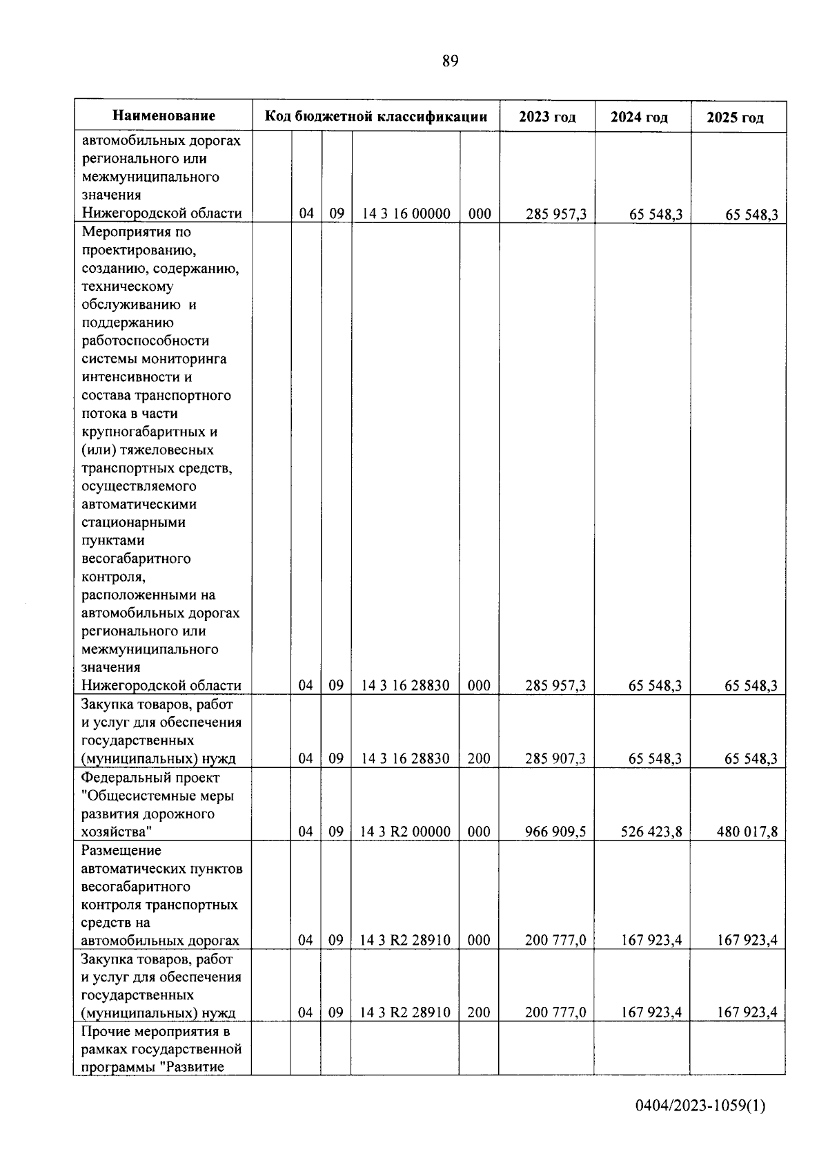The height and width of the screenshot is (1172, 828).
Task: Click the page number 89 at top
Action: pyautogui.click(x=450, y=61)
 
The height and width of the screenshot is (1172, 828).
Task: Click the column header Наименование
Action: pyautogui.click(x=164, y=116)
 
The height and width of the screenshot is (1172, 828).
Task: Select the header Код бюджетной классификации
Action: pyautogui.click(x=376, y=116)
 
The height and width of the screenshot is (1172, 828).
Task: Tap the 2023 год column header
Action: pyautogui.click(x=547, y=117)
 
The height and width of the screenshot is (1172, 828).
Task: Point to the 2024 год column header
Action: pyautogui.click(x=639, y=117)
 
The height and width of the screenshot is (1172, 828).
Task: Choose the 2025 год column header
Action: pyautogui.click(x=735, y=118)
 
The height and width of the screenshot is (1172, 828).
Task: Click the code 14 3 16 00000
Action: pyautogui.click(x=406, y=214)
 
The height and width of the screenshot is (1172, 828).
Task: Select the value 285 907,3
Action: pyautogui.click(x=555, y=758)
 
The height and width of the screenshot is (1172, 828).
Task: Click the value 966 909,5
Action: pyautogui.click(x=555, y=832)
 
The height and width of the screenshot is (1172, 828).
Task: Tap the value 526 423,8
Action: pyautogui.click(x=651, y=832)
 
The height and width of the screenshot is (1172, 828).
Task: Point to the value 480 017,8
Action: pyautogui.click(x=747, y=832)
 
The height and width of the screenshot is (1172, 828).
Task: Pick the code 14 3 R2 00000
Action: pyautogui.click(x=405, y=832)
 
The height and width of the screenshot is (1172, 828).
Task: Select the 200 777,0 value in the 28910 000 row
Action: pyautogui.click(x=555, y=940)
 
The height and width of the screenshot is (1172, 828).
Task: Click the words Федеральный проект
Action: pyautogui.click(x=150, y=778)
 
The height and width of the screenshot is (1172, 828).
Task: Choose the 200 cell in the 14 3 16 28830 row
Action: pyautogui.click(x=479, y=758)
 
